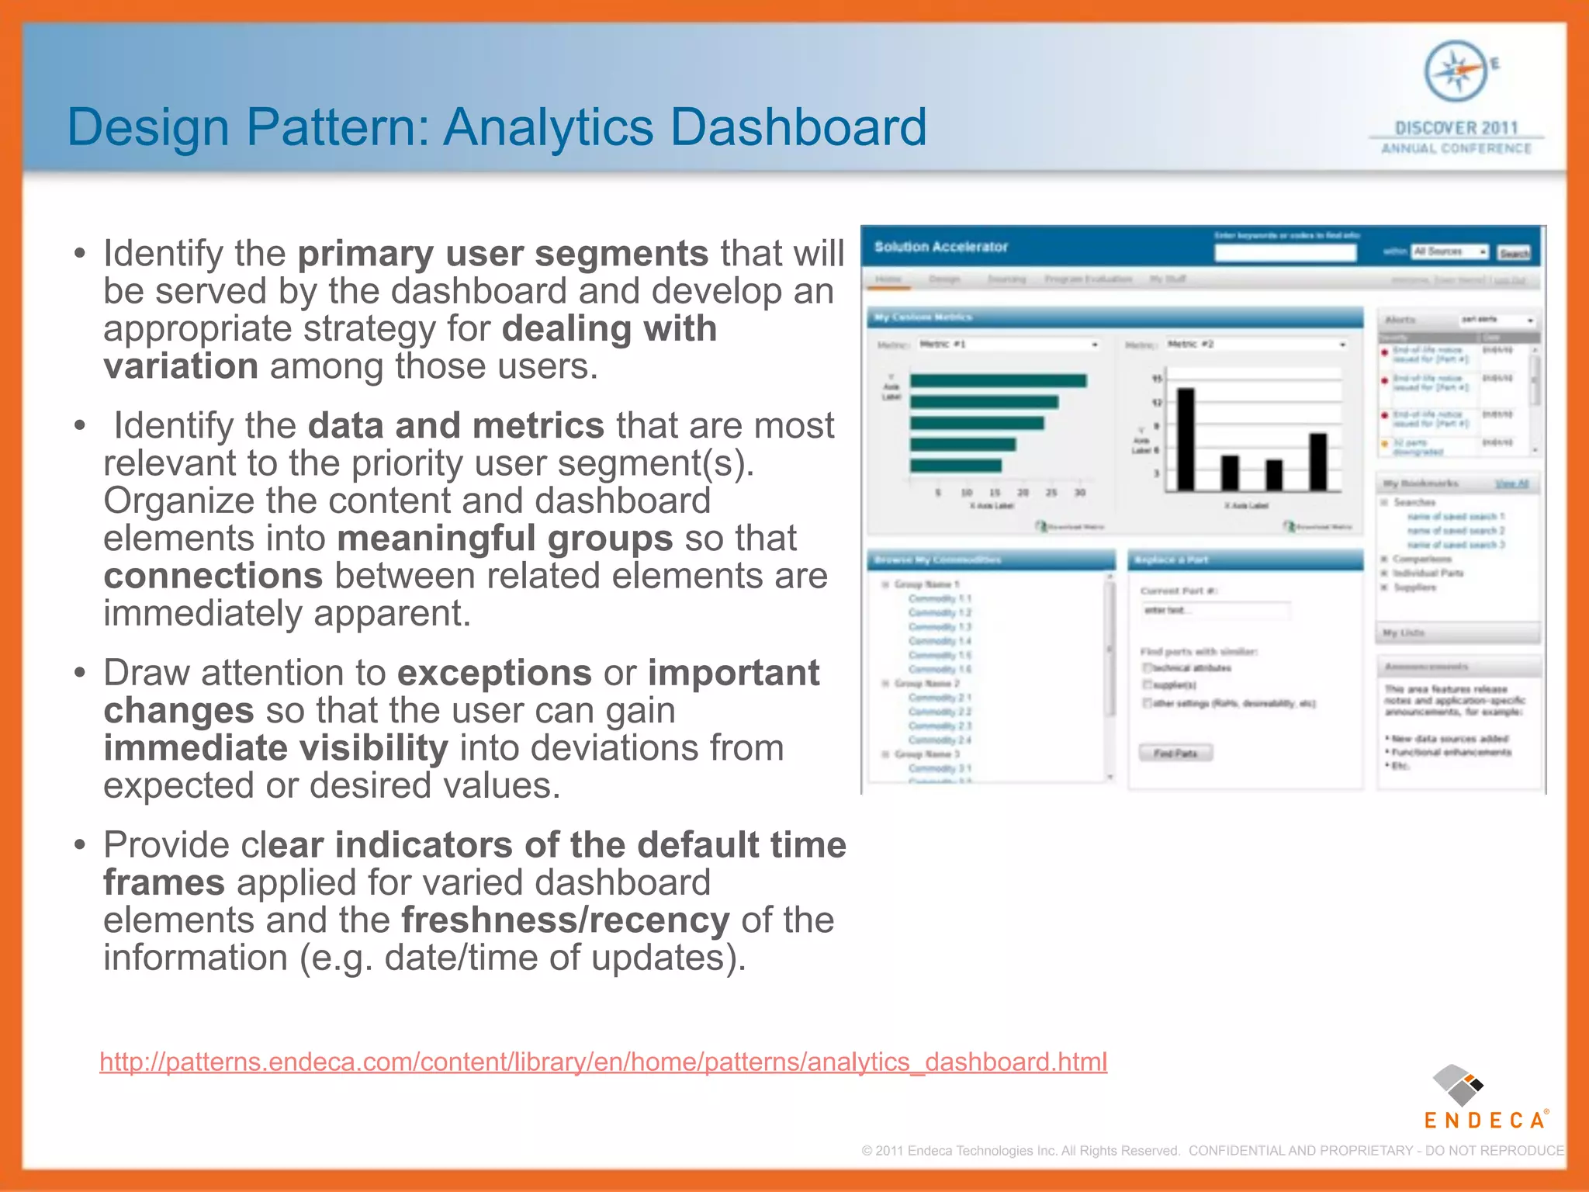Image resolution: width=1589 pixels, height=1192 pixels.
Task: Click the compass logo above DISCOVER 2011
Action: pyautogui.click(x=1456, y=71)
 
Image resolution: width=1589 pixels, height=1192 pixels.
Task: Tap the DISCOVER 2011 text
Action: pyautogui.click(x=1456, y=128)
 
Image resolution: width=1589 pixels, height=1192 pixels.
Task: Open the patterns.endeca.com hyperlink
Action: pyautogui.click(x=603, y=1062)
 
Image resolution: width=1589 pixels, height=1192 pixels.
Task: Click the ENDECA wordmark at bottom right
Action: pyautogui.click(x=1484, y=1120)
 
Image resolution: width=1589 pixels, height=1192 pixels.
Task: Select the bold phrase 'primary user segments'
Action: pyautogui.click(x=503, y=254)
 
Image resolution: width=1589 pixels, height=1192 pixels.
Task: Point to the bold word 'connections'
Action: pyautogui.click(x=213, y=576)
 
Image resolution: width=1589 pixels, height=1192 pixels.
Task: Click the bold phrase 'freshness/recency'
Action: pyautogui.click(x=565, y=920)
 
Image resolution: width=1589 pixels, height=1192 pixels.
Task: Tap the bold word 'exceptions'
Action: pyautogui.click(x=495, y=673)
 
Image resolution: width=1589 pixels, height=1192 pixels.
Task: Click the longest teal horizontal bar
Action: pyautogui.click(x=998, y=380)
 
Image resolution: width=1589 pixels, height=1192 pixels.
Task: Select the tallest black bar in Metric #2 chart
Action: pyautogui.click(x=1186, y=439)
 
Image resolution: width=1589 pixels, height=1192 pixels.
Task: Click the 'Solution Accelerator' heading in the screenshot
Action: pyautogui.click(x=940, y=247)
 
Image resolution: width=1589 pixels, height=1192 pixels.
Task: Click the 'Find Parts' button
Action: pyautogui.click(x=1175, y=753)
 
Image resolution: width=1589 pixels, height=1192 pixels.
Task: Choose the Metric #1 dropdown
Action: pyautogui.click(x=1008, y=344)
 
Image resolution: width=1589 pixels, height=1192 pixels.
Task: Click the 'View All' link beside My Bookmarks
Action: pyautogui.click(x=1511, y=483)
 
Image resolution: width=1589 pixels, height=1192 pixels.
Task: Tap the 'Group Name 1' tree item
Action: pyautogui.click(x=926, y=584)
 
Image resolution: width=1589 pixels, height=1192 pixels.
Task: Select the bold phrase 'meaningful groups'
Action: pyautogui.click(x=504, y=539)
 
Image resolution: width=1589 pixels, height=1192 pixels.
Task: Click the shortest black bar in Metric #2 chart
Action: pyautogui.click(x=1274, y=475)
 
